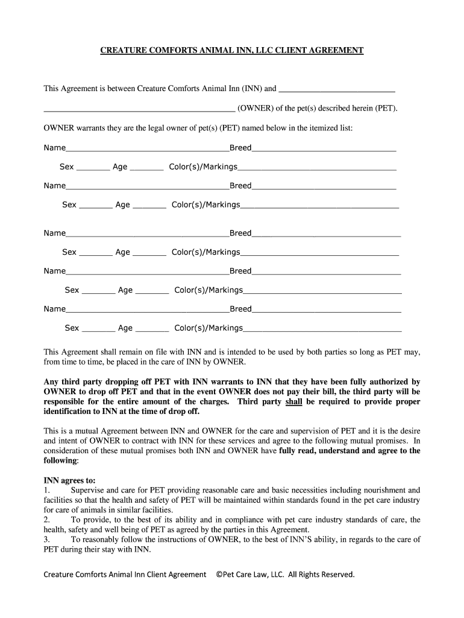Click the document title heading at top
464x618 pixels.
click(x=231, y=50)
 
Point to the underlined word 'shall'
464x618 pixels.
click(x=293, y=401)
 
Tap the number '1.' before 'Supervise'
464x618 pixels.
click(x=48, y=490)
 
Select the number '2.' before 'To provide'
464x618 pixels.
click(x=48, y=520)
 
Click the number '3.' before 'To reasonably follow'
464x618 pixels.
click(x=48, y=540)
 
